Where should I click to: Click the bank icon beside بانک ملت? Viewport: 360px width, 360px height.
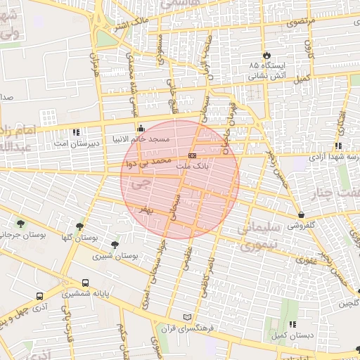pos(192,155)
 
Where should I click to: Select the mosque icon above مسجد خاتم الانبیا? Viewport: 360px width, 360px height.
pos(141,128)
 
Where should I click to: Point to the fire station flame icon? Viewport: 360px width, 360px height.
pos(266,55)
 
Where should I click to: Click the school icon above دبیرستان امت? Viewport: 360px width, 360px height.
pos(76,131)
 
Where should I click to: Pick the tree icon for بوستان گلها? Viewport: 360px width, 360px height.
pos(79,226)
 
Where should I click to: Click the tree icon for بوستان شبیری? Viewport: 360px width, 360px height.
pos(115,244)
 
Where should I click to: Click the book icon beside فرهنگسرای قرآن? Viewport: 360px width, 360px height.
pos(186,317)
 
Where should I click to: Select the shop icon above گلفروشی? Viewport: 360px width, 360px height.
pos(302,214)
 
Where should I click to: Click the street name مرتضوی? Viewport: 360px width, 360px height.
pos(302,22)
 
